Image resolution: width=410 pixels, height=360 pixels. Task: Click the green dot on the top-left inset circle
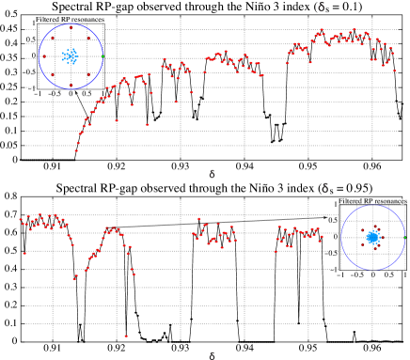point(102,56)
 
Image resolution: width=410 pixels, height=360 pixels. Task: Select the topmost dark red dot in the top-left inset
point(71,27)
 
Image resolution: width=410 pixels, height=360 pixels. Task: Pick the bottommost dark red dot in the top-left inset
point(71,86)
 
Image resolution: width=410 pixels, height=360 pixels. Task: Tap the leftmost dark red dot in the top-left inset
point(43,56)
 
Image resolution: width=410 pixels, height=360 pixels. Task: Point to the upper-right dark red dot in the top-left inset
point(88,39)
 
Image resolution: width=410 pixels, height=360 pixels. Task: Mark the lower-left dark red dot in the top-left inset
point(52,74)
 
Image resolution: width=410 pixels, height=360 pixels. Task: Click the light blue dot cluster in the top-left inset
point(71,56)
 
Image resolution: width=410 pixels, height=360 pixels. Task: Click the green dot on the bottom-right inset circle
point(404,238)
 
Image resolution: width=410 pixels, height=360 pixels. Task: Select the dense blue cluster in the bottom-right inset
point(372,238)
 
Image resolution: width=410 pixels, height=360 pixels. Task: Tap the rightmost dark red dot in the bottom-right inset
point(383,237)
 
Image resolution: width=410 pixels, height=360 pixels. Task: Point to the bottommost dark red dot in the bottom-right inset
point(374,249)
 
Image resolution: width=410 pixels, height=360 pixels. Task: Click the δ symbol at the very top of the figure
point(322,8)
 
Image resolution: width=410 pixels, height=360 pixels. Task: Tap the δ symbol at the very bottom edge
point(212,355)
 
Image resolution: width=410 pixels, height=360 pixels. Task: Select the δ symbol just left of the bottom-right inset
point(325,188)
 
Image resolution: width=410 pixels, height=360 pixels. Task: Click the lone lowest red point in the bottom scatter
point(126,336)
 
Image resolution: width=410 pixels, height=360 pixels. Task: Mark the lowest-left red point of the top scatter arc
point(76,150)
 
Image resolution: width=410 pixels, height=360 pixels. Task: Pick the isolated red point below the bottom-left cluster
point(24,253)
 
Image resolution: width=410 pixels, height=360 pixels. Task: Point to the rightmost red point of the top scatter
point(394,70)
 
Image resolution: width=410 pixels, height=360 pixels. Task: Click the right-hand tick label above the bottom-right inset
point(402,200)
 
